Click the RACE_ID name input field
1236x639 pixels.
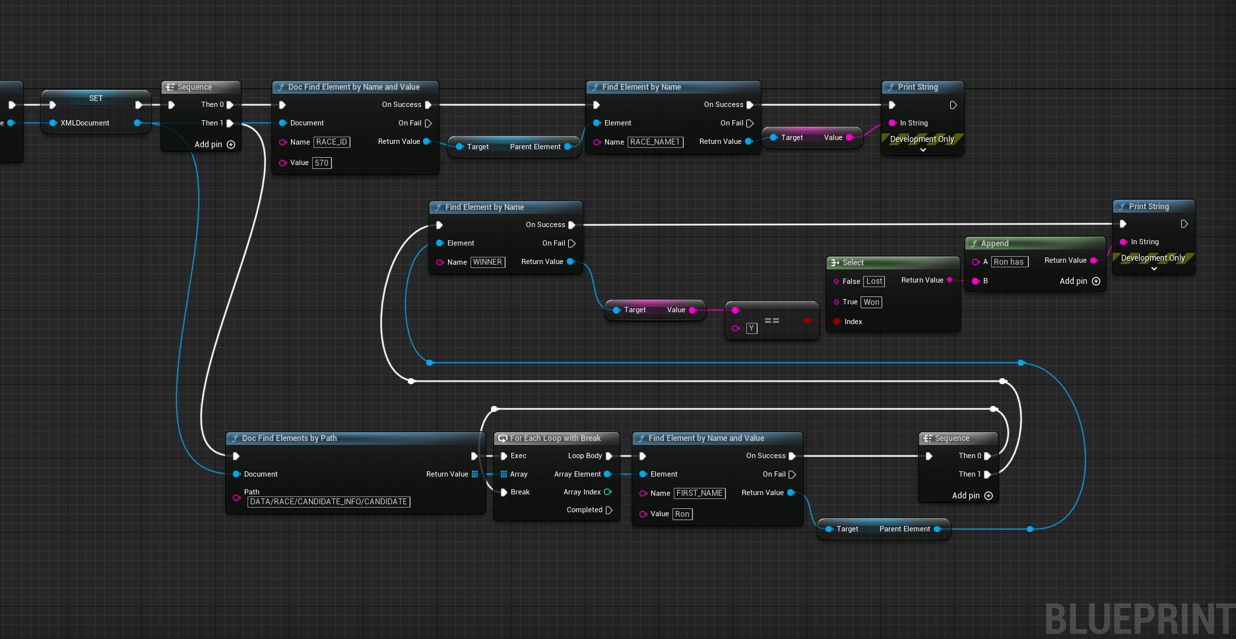(x=331, y=142)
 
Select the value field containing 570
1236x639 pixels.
(x=322, y=163)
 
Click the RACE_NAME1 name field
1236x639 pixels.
(x=655, y=142)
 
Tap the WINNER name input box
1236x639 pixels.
(x=488, y=262)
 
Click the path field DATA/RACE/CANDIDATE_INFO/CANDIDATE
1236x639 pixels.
(x=329, y=502)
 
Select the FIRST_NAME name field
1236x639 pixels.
(x=699, y=493)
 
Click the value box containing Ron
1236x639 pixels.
(x=682, y=514)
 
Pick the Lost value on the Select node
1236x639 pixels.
(x=874, y=281)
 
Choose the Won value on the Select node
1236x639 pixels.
(x=872, y=302)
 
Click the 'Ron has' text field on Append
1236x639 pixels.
(x=1010, y=262)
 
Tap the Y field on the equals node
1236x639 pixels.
(x=752, y=328)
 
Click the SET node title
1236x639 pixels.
(x=96, y=98)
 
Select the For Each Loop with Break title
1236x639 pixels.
(x=555, y=438)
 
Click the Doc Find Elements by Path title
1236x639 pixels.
(x=289, y=438)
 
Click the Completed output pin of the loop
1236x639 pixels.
(x=609, y=510)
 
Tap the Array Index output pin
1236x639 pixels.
(x=608, y=492)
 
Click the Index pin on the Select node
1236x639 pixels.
(x=837, y=321)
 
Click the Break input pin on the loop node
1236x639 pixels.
(x=504, y=492)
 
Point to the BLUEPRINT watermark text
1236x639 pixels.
(x=1140, y=619)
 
